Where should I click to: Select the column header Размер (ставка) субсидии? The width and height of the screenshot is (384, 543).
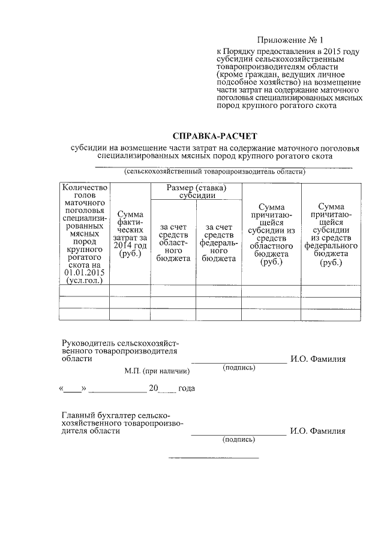point(196,191)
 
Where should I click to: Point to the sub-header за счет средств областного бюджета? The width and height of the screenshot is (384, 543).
point(173,242)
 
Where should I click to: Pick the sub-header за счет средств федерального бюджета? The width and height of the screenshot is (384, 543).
point(219,242)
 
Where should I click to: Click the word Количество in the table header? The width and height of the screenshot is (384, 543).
point(85,187)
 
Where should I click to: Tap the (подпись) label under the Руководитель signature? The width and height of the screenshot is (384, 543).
point(239,367)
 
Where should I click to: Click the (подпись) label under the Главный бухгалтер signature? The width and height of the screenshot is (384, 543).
point(239,439)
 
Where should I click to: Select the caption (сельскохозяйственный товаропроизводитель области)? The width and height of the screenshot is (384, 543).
point(215,172)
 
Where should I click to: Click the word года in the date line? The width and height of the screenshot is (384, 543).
point(187,389)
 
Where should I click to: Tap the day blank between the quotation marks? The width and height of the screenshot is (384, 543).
point(73,389)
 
